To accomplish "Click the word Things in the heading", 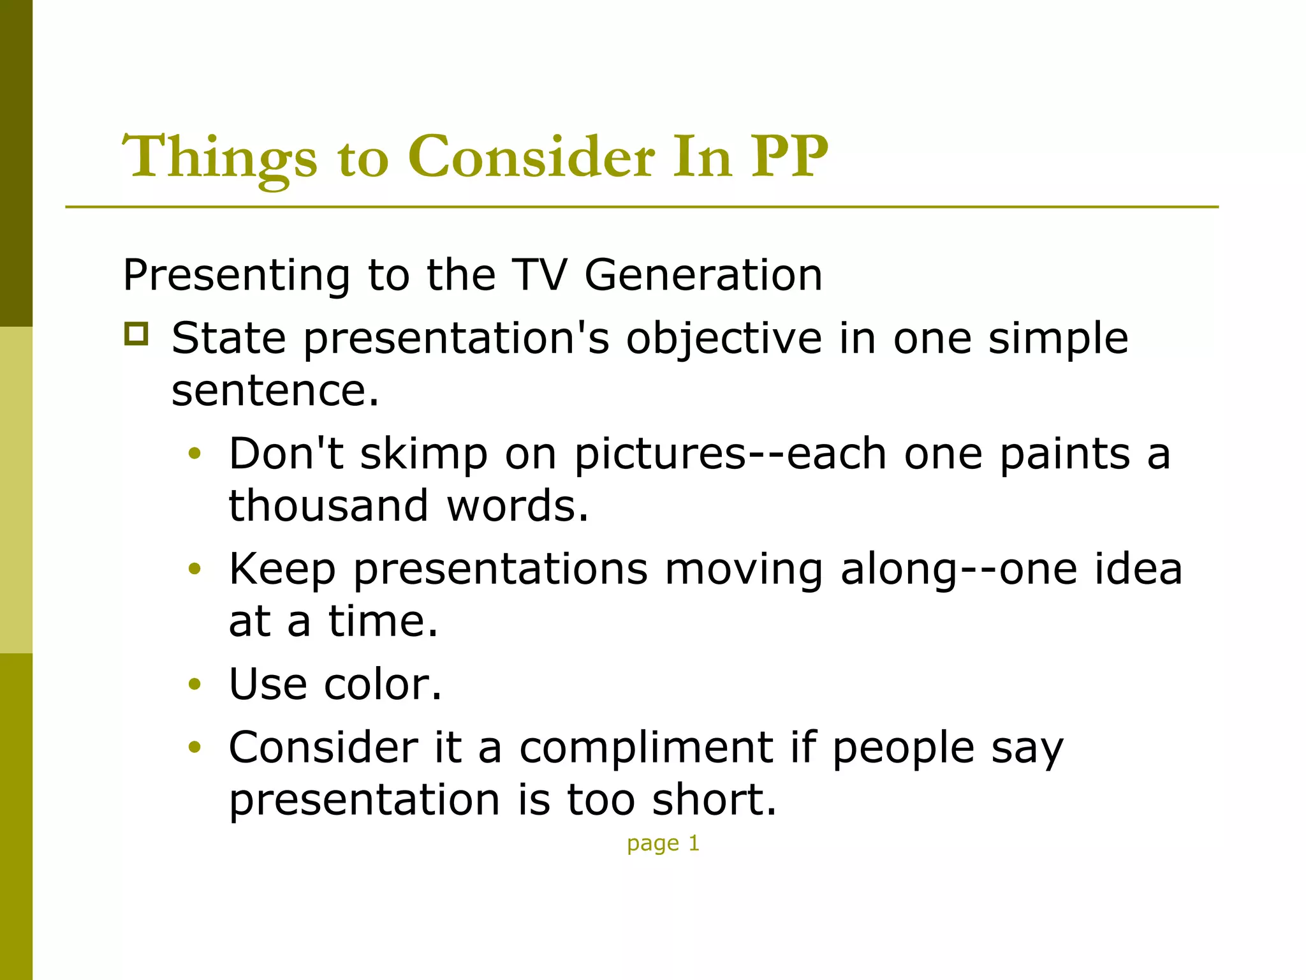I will [x=220, y=158].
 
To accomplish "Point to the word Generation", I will [x=703, y=275].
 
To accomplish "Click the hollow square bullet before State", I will [x=136, y=334].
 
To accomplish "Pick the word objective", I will [x=723, y=339].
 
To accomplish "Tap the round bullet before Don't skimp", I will [x=194, y=454].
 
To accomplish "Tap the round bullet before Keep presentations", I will [x=194, y=568].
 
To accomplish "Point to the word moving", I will [x=744, y=570].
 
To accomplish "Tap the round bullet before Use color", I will [x=194, y=685].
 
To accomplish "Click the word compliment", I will [x=646, y=748].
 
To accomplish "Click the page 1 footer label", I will [x=663, y=843].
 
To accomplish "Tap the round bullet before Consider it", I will [x=194, y=747].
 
